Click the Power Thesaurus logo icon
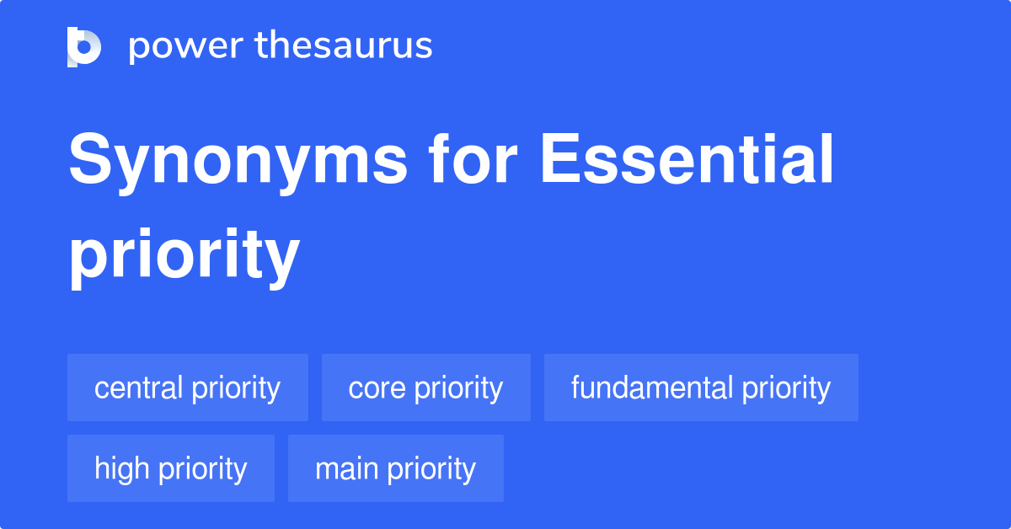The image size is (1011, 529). click(x=84, y=46)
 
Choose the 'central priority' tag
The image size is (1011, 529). click(x=188, y=387)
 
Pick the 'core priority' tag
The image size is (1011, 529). click(x=425, y=387)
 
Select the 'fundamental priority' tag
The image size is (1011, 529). click(x=701, y=387)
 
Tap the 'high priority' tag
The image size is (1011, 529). click(x=171, y=468)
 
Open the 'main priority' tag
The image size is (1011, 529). click(x=395, y=468)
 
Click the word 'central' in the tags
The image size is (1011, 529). click(x=139, y=387)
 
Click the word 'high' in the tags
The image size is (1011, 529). click(x=122, y=468)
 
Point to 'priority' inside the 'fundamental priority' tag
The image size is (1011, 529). click(x=786, y=387)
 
